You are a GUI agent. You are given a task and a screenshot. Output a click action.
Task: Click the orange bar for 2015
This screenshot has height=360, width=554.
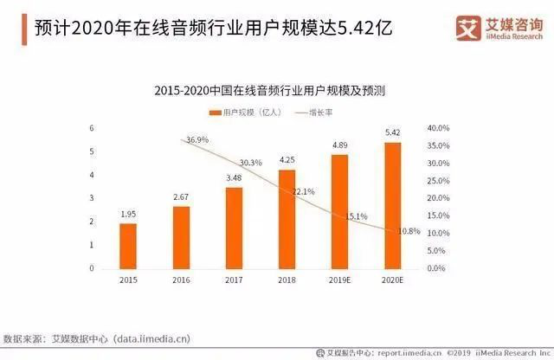[x=128, y=246]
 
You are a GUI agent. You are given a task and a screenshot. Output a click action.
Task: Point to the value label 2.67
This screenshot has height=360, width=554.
[x=181, y=197]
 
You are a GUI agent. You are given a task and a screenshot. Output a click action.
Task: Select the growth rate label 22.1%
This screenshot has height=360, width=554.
[x=301, y=191]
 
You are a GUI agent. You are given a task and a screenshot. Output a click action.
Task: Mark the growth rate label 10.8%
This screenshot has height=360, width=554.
[x=407, y=231]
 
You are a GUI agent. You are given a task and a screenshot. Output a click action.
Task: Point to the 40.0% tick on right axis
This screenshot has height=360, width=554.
[x=438, y=128]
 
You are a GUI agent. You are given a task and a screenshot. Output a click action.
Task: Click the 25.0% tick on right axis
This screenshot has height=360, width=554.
[x=438, y=181]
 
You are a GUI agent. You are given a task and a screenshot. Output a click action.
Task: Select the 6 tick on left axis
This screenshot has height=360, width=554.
[x=92, y=128]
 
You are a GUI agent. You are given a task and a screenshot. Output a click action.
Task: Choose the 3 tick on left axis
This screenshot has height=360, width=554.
[x=92, y=198]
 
